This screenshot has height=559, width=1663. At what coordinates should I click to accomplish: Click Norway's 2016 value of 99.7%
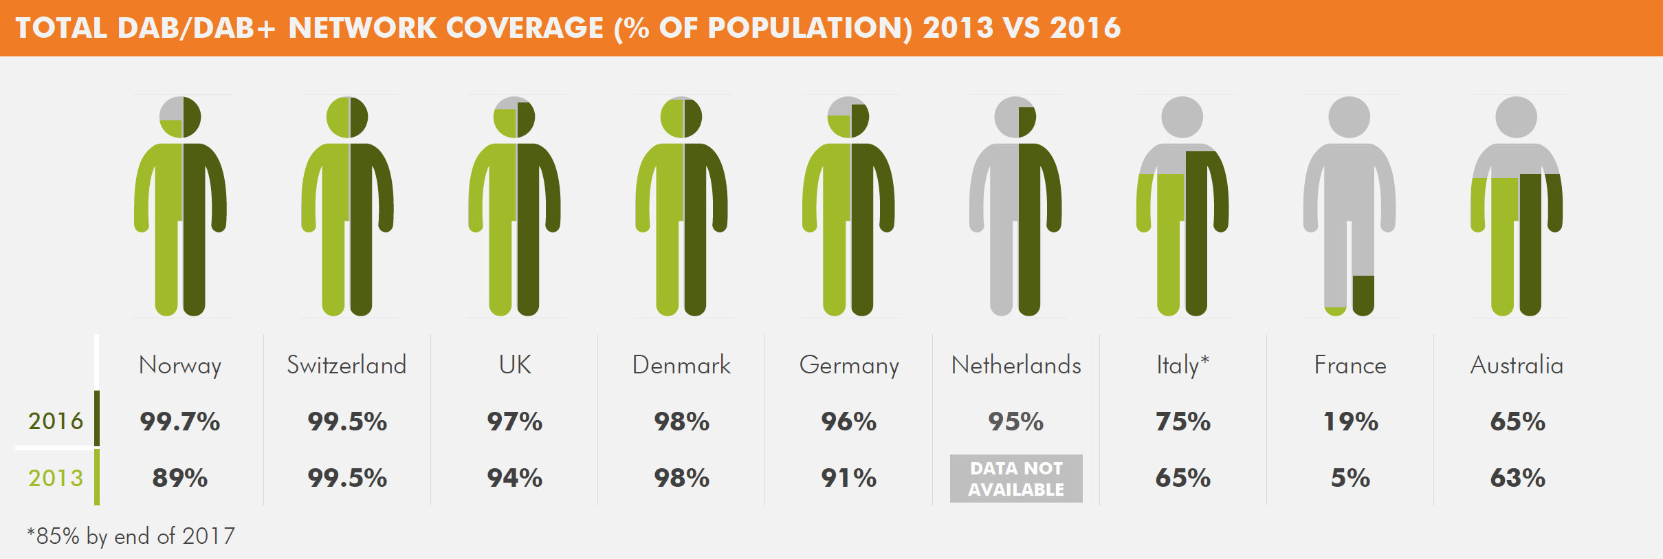(180, 421)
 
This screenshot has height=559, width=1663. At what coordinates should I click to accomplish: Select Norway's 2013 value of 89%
(180, 478)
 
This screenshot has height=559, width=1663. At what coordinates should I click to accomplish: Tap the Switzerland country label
(346, 365)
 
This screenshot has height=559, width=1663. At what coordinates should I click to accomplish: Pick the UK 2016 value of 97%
(515, 421)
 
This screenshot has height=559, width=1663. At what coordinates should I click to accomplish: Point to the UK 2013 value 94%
(515, 478)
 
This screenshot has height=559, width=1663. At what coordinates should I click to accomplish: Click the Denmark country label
(681, 365)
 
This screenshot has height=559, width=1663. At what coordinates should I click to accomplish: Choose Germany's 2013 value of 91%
(849, 478)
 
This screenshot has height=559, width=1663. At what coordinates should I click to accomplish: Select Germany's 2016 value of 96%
(849, 421)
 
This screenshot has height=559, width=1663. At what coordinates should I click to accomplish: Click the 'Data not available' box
(1016, 479)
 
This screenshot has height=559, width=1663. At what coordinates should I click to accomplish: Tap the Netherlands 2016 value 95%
(1016, 421)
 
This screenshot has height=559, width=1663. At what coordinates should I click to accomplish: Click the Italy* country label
(1182, 365)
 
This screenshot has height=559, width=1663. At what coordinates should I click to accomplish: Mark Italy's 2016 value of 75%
(1183, 421)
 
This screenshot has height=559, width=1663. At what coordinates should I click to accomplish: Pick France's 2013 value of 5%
(1350, 478)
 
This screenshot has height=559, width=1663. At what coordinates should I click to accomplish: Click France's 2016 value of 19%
(1350, 421)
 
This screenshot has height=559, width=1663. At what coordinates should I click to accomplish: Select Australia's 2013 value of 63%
(1517, 478)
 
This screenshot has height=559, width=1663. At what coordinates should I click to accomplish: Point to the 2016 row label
(56, 421)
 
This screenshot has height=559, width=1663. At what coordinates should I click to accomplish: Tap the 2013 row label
(56, 478)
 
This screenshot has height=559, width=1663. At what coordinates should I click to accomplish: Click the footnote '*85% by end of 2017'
(131, 536)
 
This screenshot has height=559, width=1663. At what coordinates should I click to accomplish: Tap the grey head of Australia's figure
(1516, 117)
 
